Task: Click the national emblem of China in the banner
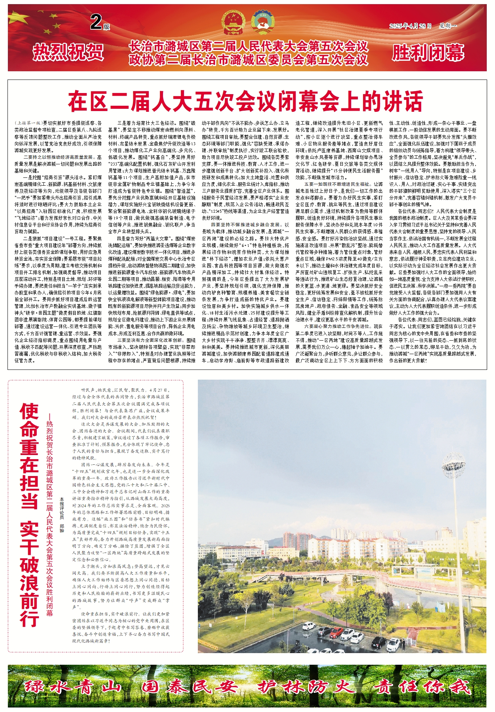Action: [x=233, y=24]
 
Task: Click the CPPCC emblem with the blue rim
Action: [x=262, y=24]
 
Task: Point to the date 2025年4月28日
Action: [x=410, y=26]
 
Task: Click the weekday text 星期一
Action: [x=448, y=26]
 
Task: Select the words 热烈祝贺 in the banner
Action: [x=68, y=52]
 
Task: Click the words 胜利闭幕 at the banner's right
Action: [x=428, y=52]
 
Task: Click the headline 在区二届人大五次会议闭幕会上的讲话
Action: [x=245, y=101]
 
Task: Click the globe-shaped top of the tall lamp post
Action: [x=454, y=463]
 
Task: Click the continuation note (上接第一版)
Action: [x=28, y=123]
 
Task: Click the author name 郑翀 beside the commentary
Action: [x=62, y=529]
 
